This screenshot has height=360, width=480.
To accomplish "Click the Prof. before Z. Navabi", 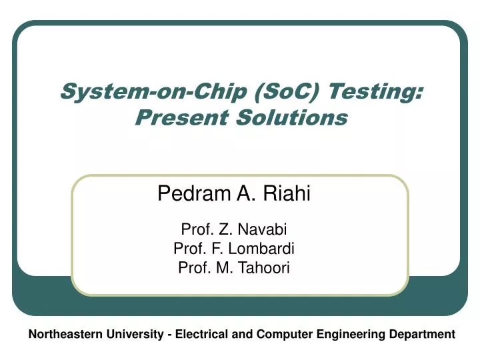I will [194, 230].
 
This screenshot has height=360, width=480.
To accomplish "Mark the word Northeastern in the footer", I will [63, 335].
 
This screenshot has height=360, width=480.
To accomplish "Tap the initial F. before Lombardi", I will [222, 249].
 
